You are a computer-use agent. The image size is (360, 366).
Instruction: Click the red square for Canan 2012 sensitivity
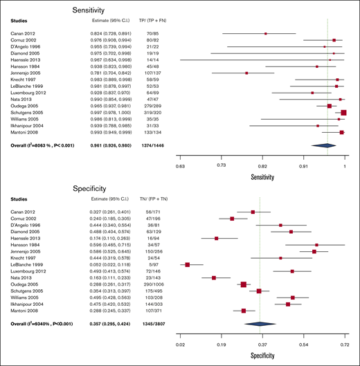[x=265, y=33]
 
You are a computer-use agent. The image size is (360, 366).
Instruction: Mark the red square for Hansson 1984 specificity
[x=316, y=245]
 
